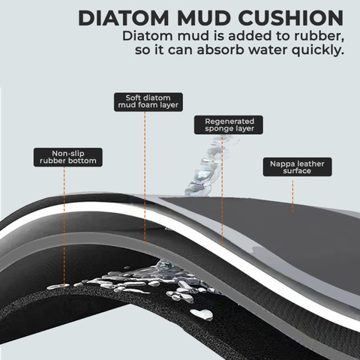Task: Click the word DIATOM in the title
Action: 124,18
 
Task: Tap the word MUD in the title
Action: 204,18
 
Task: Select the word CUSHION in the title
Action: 291,18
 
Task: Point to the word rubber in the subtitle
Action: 319,36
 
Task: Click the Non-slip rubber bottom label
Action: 68,157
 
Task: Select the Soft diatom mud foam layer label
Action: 148,102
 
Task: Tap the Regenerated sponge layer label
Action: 229,124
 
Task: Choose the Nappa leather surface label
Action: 298,166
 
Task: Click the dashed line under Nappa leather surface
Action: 292,196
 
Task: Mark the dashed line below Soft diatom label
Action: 145,178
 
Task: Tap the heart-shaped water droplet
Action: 202,314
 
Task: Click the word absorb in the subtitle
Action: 220,49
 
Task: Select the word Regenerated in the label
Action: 229,121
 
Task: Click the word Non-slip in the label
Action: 68,154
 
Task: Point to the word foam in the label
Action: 151,105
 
